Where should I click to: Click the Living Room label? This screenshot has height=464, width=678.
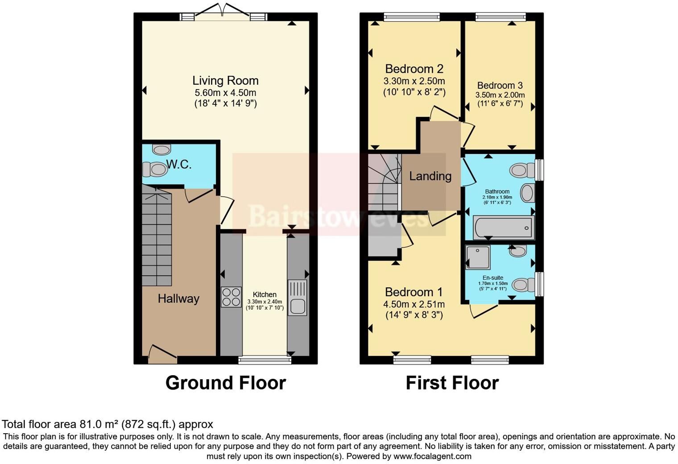[x=225, y=81]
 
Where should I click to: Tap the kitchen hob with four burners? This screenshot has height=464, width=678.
[x=231, y=297]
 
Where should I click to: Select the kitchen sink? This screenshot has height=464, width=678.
[x=297, y=298]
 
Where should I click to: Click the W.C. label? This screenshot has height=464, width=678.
[x=179, y=165]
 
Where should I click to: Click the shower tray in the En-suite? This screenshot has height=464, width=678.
[x=478, y=257]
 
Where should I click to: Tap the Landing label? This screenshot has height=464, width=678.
[x=430, y=176]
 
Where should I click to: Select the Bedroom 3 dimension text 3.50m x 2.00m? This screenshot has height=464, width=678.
[x=500, y=95]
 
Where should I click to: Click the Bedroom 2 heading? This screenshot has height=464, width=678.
[x=414, y=69]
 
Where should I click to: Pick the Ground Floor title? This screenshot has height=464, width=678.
[x=225, y=383]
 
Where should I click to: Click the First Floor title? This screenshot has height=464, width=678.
[x=452, y=383]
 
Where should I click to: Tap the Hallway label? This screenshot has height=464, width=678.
[x=178, y=298]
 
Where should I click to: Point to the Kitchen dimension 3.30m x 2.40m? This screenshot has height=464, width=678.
[x=265, y=302]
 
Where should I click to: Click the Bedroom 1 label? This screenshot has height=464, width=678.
[x=413, y=292]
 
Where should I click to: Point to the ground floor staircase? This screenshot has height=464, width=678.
[x=157, y=236]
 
